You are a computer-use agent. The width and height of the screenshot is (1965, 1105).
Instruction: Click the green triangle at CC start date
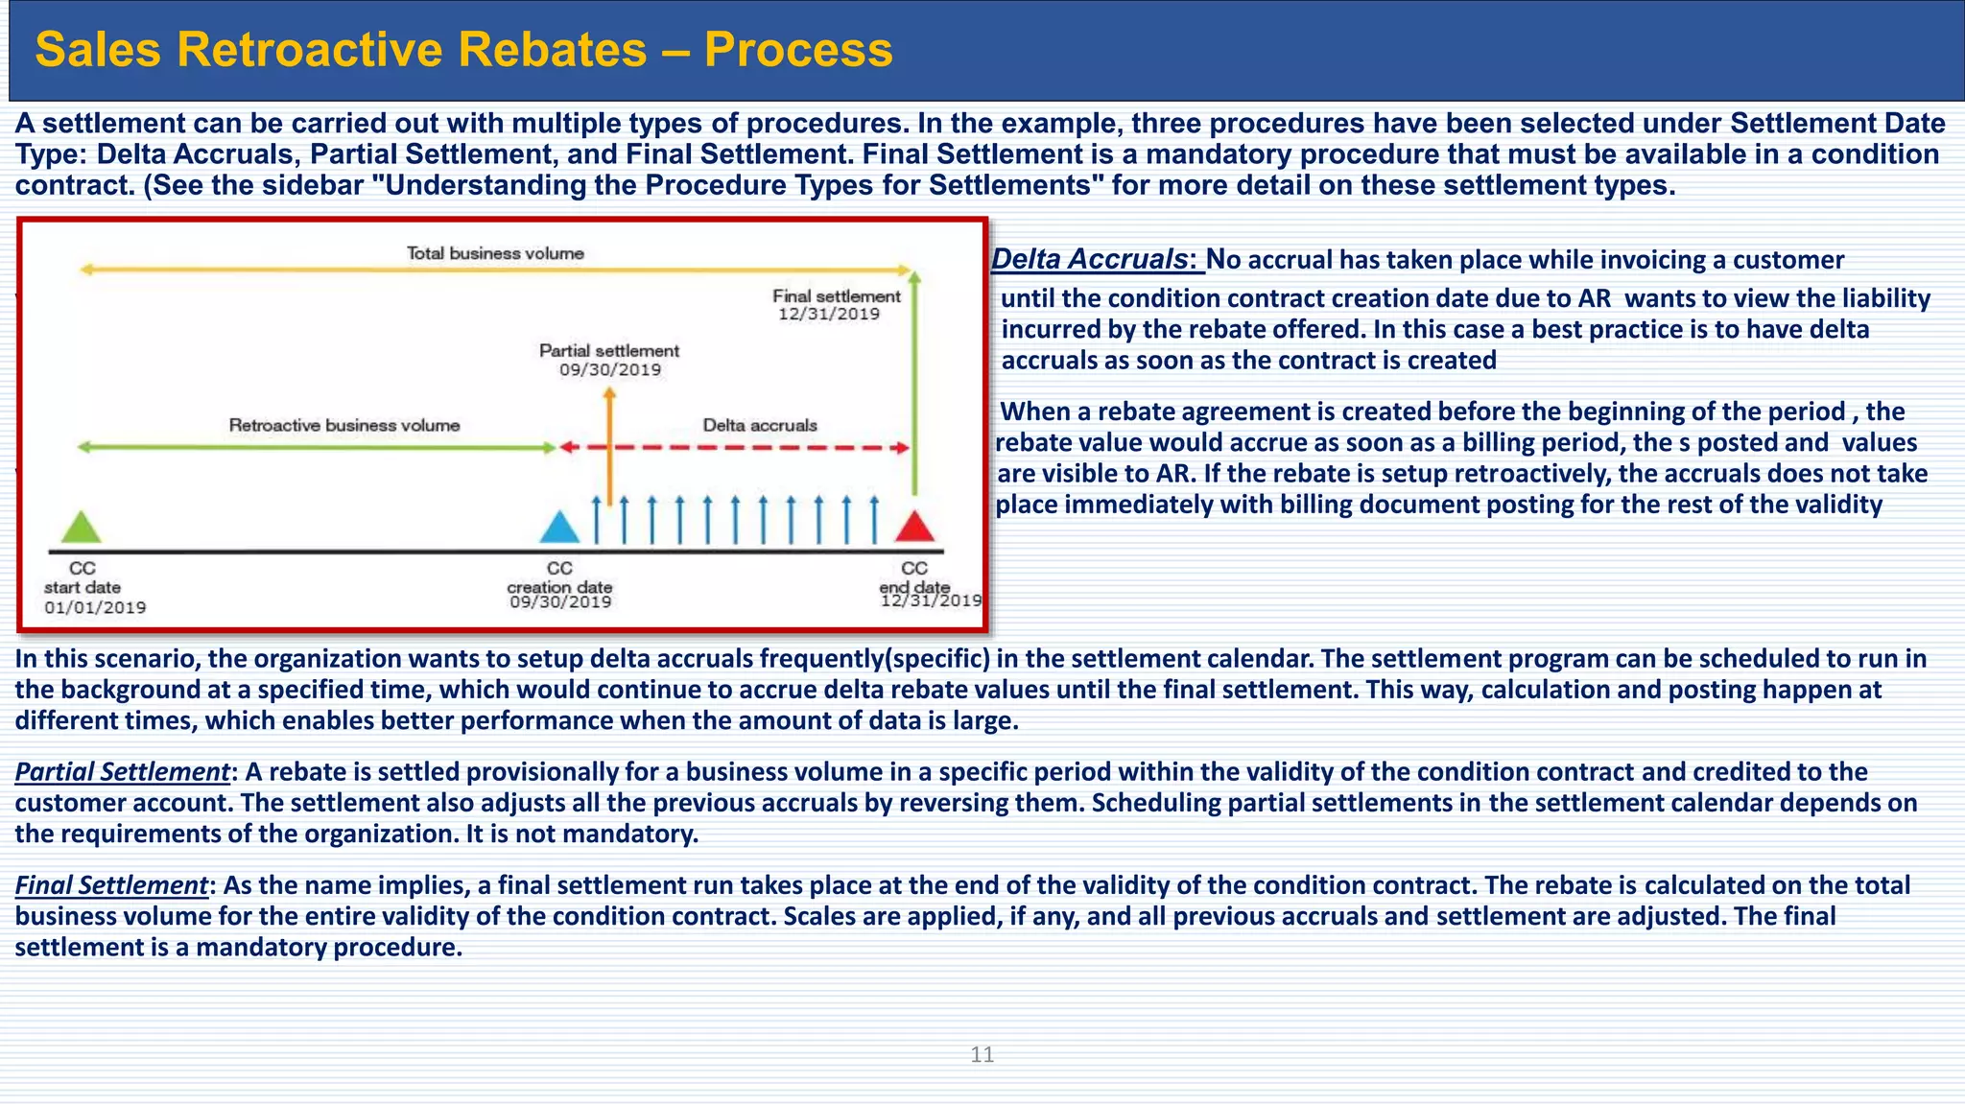pyautogui.click(x=82, y=527)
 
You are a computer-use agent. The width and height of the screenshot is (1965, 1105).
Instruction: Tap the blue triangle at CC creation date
pyautogui.click(x=559, y=527)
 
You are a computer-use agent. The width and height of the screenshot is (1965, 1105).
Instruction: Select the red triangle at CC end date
pyautogui.click(x=914, y=527)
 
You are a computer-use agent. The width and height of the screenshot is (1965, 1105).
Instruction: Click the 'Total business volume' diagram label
pyautogui.click(x=495, y=253)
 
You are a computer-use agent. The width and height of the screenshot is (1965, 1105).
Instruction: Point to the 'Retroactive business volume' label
pyautogui.click(x=344, y=425)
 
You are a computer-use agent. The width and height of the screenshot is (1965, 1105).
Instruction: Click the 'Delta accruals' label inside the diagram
pyautogui.click(x=760, y=425)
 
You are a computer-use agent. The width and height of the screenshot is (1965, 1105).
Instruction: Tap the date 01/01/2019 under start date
pyautogui.click(x=95, y=607)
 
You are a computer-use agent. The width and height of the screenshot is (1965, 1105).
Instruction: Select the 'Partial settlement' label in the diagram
pyautogui.click(x=609, y=351)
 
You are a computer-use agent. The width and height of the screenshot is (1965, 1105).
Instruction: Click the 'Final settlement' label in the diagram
pyautogui.click(x=837, y=296)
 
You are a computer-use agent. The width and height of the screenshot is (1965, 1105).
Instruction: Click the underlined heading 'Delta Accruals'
pyautogui.click(x=1090, y=259)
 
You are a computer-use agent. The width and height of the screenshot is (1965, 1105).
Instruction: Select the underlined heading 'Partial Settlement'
pyautogui.click(x=122, y=772)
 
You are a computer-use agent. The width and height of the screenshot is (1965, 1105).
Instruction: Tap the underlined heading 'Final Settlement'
pyautogui.click(x=111, y=885)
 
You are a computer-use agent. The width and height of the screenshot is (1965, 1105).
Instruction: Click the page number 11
pyautogui.click(x=982, y=1055)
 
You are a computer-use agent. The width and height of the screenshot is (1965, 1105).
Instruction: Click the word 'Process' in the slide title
pyautogui.click(x=798, y=50)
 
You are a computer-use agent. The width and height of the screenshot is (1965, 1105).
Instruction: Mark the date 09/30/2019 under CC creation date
pyautogui.click(x=560, y=602)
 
